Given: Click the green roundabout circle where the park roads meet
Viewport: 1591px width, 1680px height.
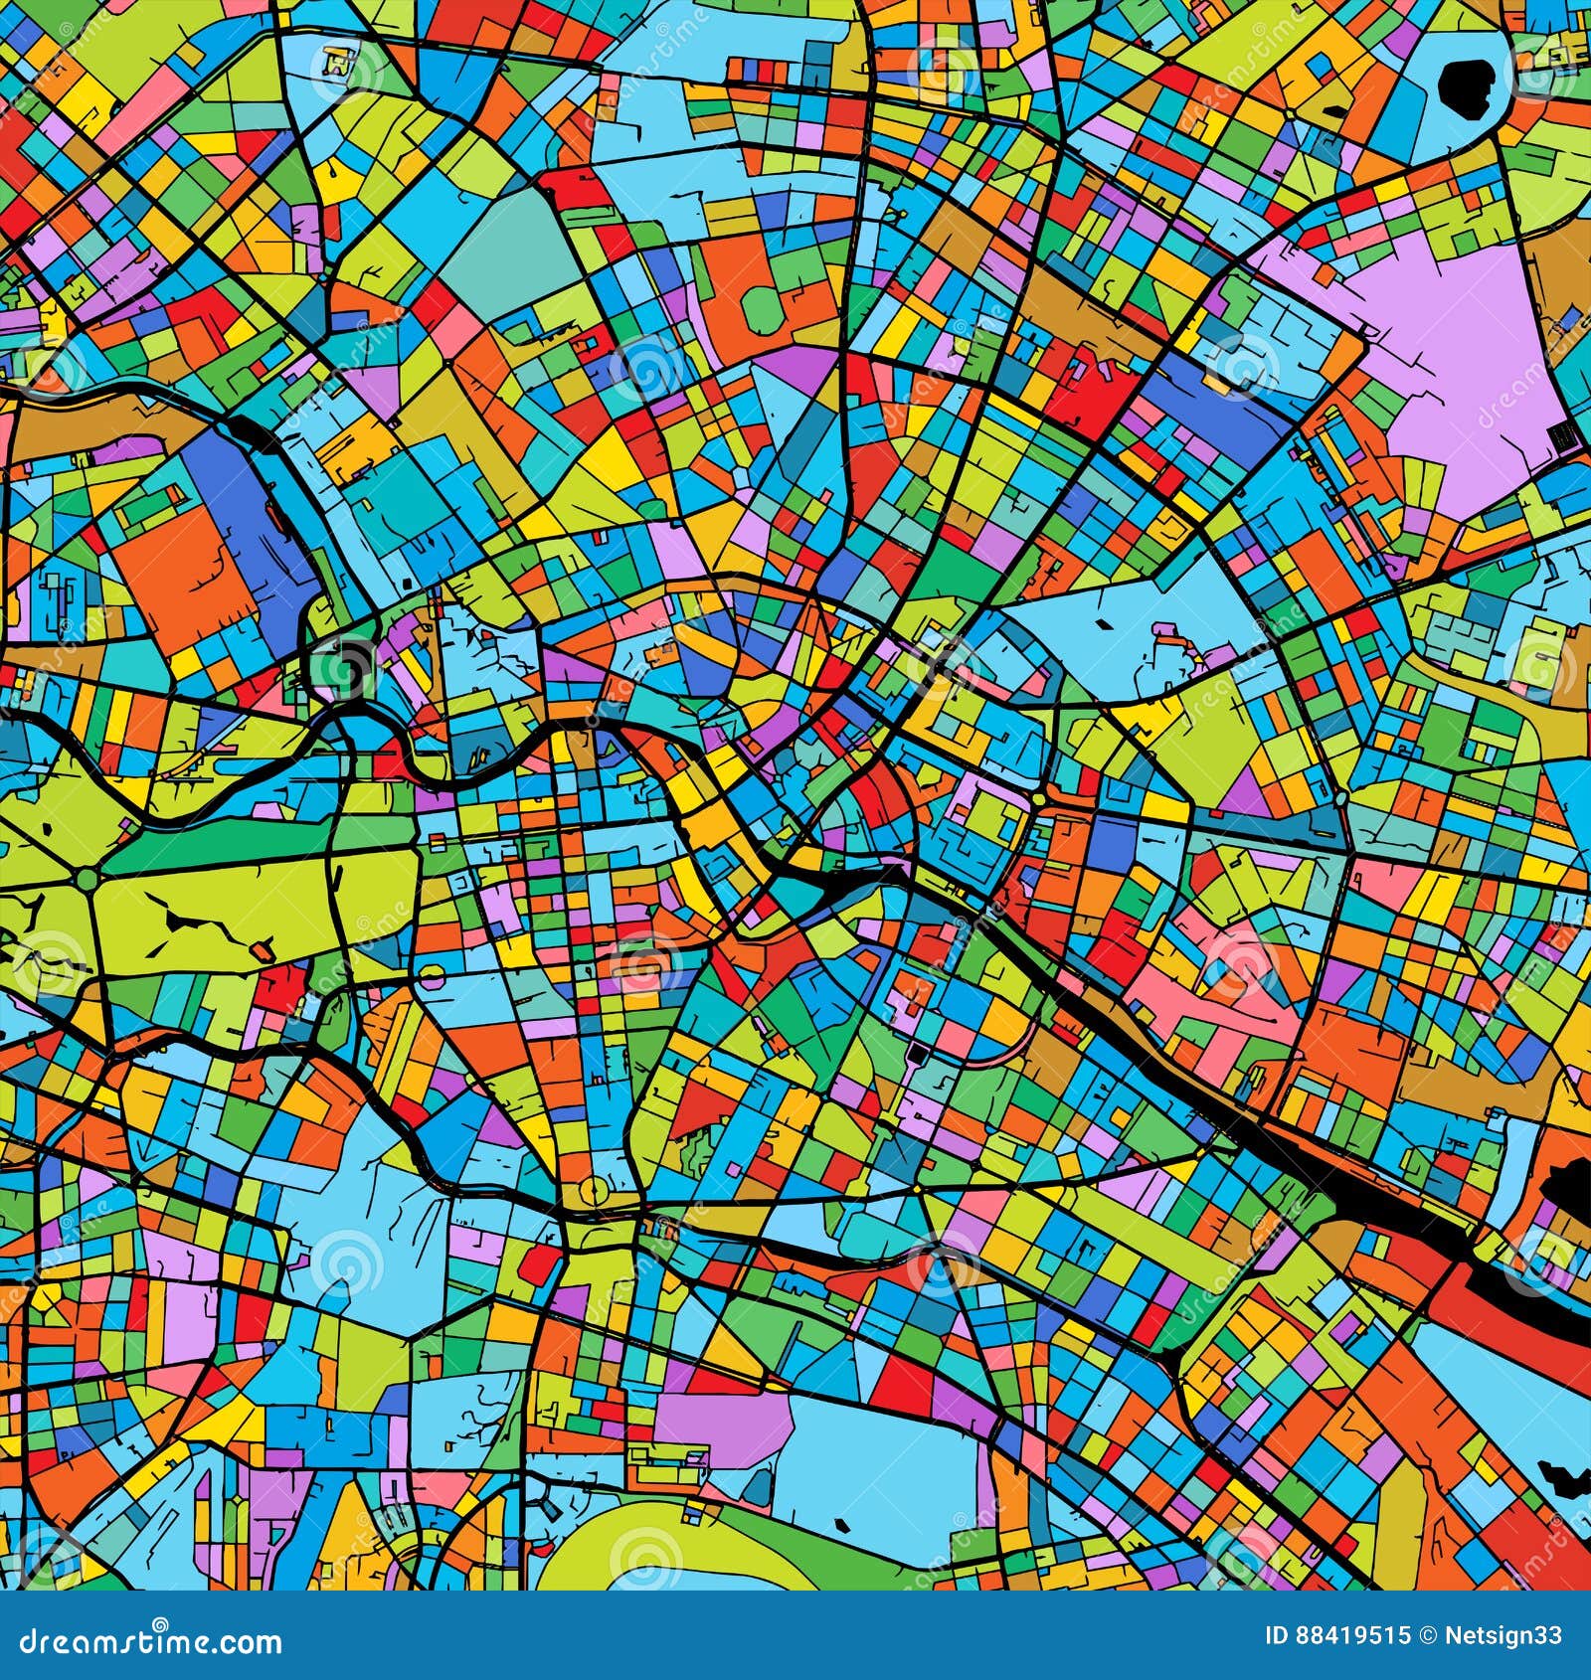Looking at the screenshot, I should pyautogui.click(x=88, y=879).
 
